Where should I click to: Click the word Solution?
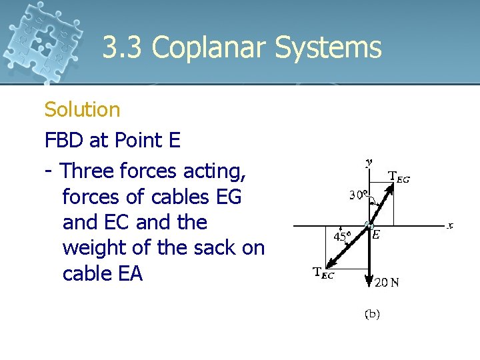coord(82,109)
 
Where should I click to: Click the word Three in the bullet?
coord(87,171)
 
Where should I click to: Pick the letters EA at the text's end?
coord(129,274)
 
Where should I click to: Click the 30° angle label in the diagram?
coord(359,195)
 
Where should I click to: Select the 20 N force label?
coord(387,282)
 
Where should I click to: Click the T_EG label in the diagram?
coord(399,177)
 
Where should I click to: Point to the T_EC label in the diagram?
coord(323,273)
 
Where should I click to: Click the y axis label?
coord(369,161)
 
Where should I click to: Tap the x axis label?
coord(450,225)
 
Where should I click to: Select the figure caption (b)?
coord(372,313)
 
